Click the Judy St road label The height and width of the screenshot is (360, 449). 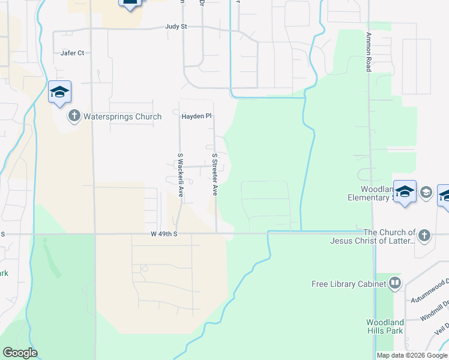(176, 27)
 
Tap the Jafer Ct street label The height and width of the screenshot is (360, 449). (72, 53)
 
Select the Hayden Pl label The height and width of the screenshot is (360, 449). (197, 116)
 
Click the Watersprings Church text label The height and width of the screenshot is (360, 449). (122, 116)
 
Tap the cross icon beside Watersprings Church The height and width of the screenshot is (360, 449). (74, 116)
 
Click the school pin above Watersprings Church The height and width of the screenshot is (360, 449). (59, 92)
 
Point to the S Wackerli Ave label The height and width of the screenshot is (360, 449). (180, 175)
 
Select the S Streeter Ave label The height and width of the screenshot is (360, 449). (214, 174)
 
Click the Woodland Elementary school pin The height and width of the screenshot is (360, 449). (405, 191)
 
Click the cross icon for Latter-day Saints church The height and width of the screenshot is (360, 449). (425, 235)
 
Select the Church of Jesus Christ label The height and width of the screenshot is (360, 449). (373, 236)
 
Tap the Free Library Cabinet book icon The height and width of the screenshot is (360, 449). (394, 283)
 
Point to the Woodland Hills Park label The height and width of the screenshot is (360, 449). (385, 326)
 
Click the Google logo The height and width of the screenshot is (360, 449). (20, 353)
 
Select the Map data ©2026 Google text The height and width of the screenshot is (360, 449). (412, 355)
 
